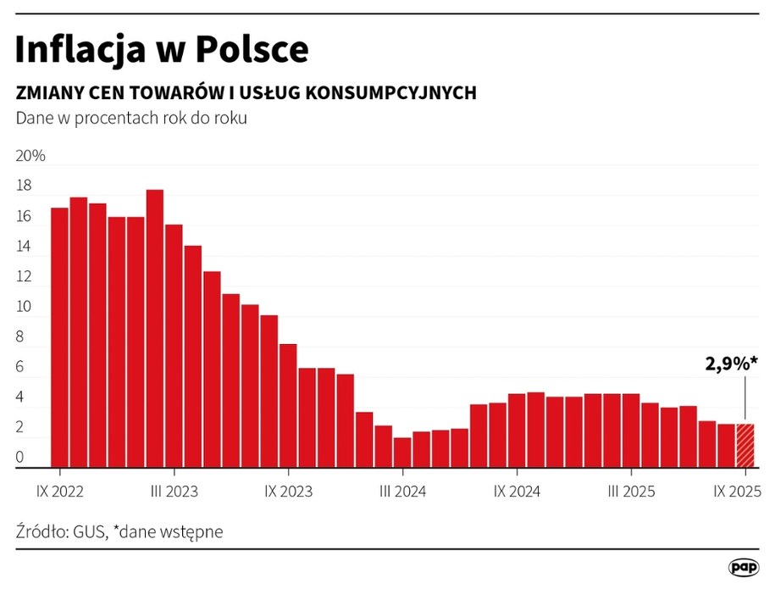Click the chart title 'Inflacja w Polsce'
click(162, 50)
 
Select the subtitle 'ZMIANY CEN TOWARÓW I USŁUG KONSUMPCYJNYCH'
click(246, 92)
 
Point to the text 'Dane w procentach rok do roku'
click(131, 118)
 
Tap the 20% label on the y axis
click(30, 157)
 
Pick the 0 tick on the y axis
click(20, 458)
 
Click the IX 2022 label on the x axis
click(59, 491)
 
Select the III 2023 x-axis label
click(174, 491)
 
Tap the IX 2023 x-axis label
click(288, 491)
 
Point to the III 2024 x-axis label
click(402, 491)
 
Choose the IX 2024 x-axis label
click(517, 491)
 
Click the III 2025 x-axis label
click(631, 491)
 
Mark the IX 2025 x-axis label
click(737, 491)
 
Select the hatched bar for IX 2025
click(745, 445)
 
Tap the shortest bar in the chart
click(402, 452)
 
